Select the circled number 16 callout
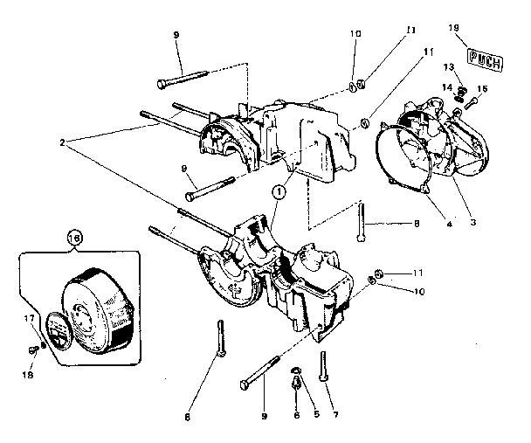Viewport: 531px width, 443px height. (74, 238)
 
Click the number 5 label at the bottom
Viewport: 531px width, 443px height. (317, 391)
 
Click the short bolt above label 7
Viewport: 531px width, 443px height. (323, 365)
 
